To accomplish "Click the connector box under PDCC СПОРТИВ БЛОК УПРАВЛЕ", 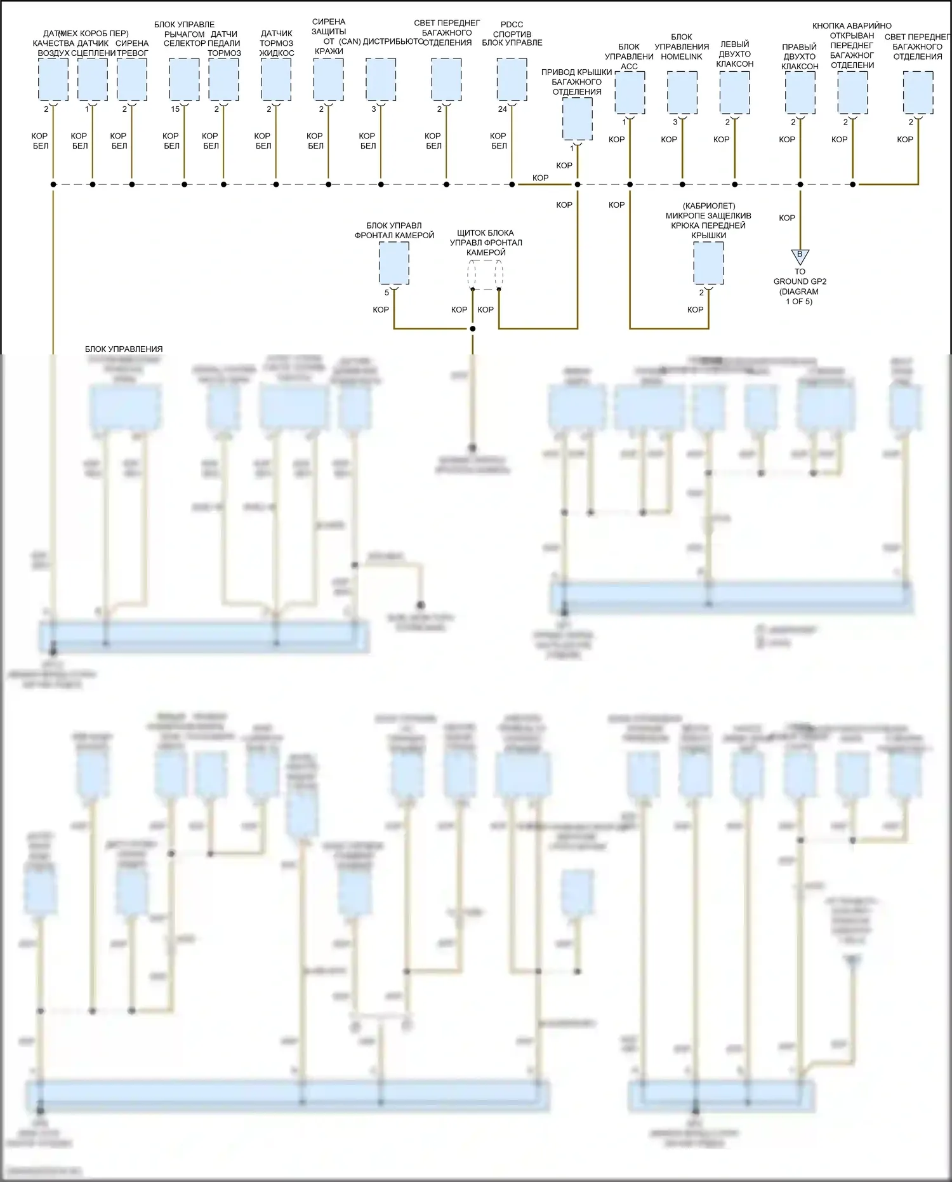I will pos(512,79).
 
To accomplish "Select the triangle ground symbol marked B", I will pos(800,256).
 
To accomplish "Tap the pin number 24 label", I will pos(502,109).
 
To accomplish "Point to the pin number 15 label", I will pos(175,109).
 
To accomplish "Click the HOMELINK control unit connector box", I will pos(682,92).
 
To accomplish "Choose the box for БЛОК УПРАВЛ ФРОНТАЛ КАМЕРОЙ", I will pos(394,264).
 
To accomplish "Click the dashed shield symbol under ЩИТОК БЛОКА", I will pos(486,274).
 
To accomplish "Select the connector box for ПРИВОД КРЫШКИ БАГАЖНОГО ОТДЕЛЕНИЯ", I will pos(577,119).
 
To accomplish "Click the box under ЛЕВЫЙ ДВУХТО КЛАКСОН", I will pos(734,92).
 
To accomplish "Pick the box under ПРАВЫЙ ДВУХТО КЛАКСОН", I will pos(800,92).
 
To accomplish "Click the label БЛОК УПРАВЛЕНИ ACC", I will pos(629,57).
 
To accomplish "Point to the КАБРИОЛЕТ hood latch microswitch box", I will pos(708,264).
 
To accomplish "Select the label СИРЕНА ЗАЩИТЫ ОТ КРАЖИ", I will pos(329,36).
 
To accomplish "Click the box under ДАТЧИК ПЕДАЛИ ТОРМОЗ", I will pos(223,79).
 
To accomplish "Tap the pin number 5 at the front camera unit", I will pos(387,293).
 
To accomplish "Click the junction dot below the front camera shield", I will pos(472,328).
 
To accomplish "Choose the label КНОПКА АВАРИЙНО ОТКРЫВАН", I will pos(852,36).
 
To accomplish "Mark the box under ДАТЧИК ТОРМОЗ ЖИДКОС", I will pos(276,79).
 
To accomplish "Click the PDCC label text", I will pos(512,25).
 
